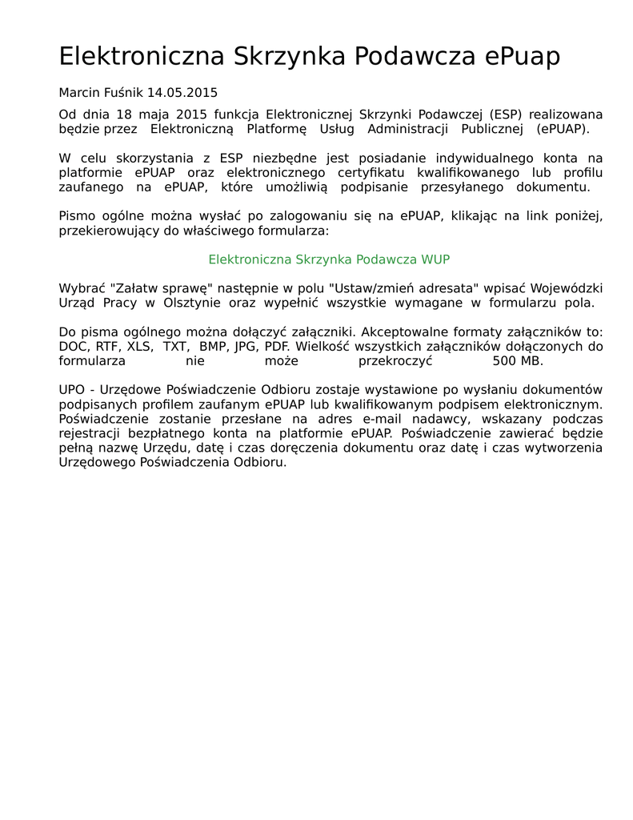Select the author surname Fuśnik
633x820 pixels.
tap(123, 93)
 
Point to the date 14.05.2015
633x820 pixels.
tap(182, 93)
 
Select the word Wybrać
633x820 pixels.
tap(80, 288)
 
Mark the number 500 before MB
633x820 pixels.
tap(506, 361)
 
